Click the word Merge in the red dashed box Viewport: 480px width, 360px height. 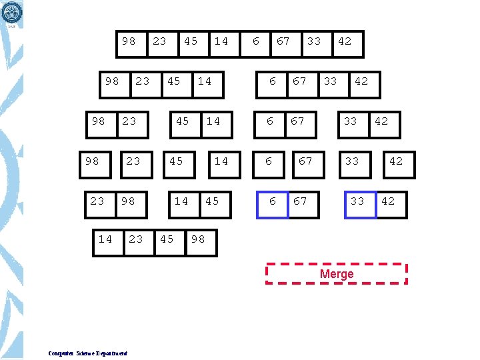click(x=337, y=274)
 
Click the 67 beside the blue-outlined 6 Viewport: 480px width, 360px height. click(x=301, y=201)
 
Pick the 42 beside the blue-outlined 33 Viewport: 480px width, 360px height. click(x=388, y=201)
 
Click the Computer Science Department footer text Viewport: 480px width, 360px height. click(x=88, y=353)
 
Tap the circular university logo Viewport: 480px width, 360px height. click(x=12, y=11)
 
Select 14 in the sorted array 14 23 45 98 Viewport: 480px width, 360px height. click(x=105, y=239)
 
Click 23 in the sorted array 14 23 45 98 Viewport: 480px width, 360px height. click(x=136, y=239)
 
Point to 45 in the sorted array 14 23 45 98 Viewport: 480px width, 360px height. click(x=167, y=239)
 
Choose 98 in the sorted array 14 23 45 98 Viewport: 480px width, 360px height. click(x=198, y=239)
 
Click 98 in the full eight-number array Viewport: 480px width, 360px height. click(x=129, y=41)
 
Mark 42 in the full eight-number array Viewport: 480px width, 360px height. click(x=345, y=41)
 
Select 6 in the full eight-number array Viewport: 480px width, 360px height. click(x=256, y=41)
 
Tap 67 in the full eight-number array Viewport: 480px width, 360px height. click(x=283, y=41)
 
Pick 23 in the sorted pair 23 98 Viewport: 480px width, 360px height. click(x=97, y=201)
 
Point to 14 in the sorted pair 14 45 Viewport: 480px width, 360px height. click(x=181, y=201)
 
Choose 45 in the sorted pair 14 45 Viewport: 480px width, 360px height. click(x=212, y=201)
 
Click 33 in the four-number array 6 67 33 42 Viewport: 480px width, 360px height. click(x=330, y=81)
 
